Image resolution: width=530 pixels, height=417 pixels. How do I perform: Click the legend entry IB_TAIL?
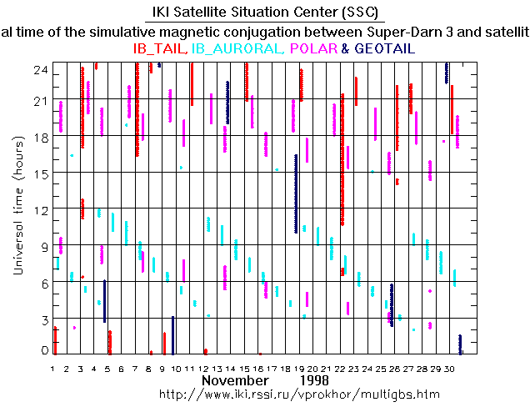click(161, 49)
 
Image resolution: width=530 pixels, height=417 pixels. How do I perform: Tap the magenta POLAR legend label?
click(313, 49)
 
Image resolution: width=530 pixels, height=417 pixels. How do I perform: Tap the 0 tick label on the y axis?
click(44, 349)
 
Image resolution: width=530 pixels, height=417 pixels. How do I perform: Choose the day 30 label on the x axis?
click(449, 367)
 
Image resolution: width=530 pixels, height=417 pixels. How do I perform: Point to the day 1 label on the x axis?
click(52, 367)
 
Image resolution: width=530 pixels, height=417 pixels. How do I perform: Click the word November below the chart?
click(234, 379)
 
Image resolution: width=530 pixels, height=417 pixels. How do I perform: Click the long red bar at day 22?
click(342, 158)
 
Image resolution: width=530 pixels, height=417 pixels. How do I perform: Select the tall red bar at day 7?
click(137, 108)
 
